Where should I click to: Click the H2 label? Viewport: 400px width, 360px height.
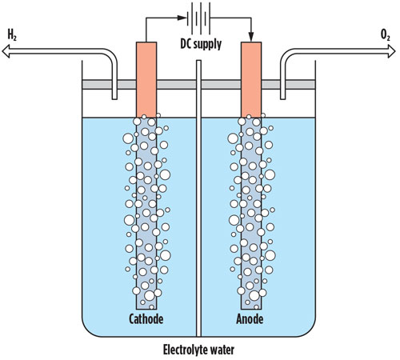click(x=12, y=35)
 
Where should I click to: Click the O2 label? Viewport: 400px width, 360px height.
click(x=386, y=35)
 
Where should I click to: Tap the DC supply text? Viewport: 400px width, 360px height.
click(x=201, y=44)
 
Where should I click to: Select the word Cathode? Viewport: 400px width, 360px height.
click(x=146, y=318)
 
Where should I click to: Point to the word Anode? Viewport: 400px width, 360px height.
click(x=250, y=318)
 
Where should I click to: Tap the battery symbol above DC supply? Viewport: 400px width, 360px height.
click(x=198, y=18)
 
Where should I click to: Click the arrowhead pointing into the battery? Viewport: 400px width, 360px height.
click(x=182, y=18)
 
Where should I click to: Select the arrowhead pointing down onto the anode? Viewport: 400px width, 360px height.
click(x=251, y=38)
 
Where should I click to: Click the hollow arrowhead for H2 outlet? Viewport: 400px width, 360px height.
click(x=6, y=51)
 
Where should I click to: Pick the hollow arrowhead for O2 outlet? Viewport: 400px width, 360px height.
click(x=392, y=51)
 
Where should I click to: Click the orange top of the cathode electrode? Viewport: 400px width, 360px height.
click(x=146, y=80)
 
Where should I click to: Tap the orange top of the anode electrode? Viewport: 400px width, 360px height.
click(x=251, y=80)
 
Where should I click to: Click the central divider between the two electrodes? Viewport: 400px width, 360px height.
click(x=198, y=198)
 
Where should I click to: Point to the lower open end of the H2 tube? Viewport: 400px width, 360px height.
click(x=114, y=98)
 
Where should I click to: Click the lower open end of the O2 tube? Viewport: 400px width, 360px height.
click(x=282, y=98)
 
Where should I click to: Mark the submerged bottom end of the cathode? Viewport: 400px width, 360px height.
click(x=146, y=308)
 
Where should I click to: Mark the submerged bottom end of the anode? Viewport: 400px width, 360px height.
click(x=251, y=308)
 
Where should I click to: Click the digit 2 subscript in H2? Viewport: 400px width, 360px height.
click(x=15, y=38)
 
